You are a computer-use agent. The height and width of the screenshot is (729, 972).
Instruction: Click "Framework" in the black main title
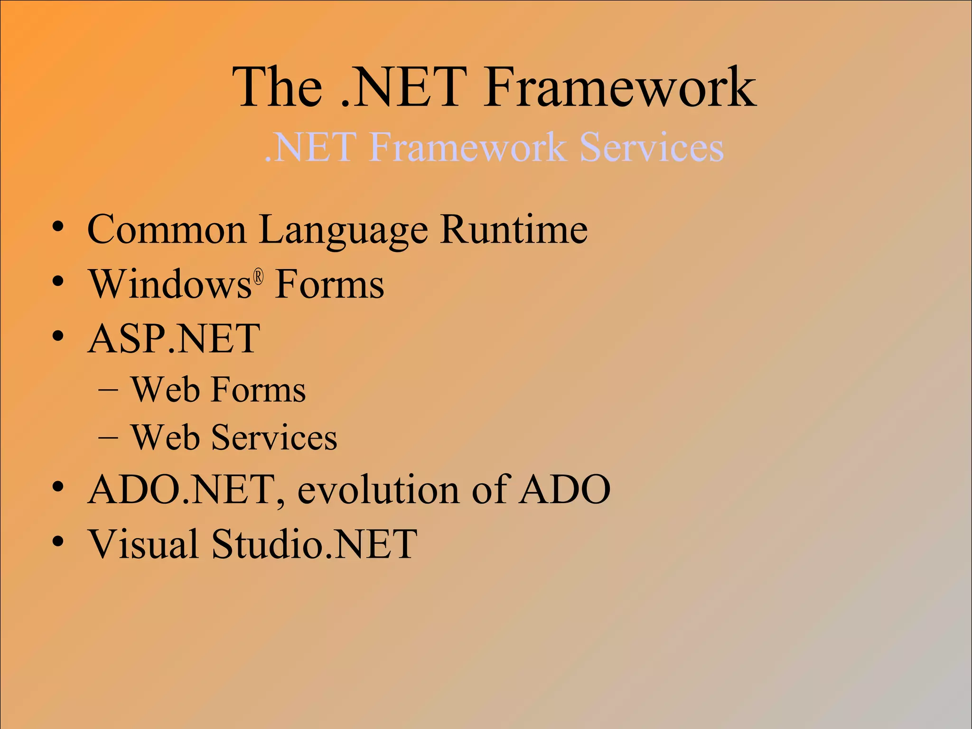[x=619, y=88]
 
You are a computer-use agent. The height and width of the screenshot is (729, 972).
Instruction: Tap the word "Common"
[x=167, y=230]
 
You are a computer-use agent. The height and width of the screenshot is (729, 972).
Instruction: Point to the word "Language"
[x=343, y=231]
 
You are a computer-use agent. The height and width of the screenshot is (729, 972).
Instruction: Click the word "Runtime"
[x=514, y=230]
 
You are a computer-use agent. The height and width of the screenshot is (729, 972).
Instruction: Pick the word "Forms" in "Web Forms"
[x=259, y=390]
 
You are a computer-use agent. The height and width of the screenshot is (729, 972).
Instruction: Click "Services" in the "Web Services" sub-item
[x=274, y=438]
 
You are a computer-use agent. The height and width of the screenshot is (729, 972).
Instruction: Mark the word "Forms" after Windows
[x=329, y=284]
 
